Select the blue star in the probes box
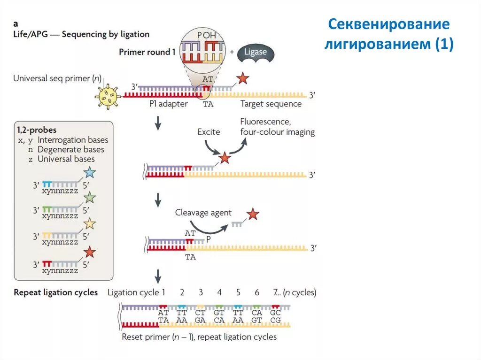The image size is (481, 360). coord(89,173)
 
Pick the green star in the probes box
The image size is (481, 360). coord(89,198)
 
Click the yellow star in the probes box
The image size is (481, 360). coord(89,224)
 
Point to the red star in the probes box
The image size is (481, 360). coord(89,253)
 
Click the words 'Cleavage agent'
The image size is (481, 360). coord(203,213)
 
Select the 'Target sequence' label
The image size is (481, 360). coord(271,104)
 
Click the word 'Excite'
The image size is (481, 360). coord(209,132)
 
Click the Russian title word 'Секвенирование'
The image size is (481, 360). coord(388,24)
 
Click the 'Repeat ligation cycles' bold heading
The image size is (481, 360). coord(56,292)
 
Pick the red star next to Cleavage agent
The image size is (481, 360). coord(253,214)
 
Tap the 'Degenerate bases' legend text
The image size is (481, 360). coord(70,149)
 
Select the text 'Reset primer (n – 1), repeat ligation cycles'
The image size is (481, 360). coord(199,337)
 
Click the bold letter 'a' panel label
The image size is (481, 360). coord(16,23)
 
